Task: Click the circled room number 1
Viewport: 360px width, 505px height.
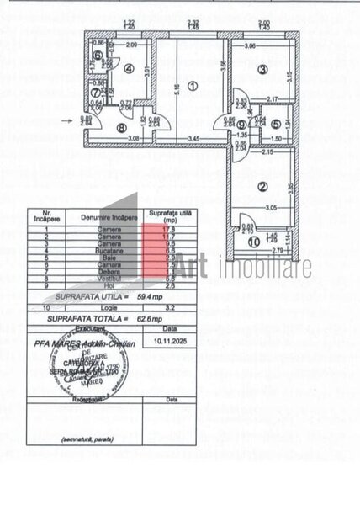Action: click(192, 85)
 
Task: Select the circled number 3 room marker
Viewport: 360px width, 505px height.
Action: click(262, 69)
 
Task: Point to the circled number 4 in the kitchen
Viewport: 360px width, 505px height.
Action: click(129, 71)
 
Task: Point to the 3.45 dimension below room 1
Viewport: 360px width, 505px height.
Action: click(193, 137)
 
